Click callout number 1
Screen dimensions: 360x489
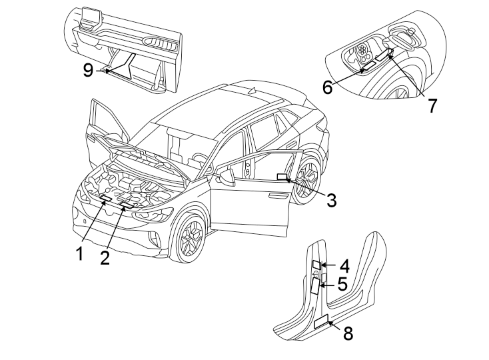click(79, 253)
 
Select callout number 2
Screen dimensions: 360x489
click(105, 258)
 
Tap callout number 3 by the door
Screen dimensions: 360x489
click(331, 199)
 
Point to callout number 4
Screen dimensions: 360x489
click(344, 266)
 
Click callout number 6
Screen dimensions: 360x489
click(328, 87)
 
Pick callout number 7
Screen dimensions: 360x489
click(432, 105)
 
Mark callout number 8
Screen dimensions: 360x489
click(348, 333)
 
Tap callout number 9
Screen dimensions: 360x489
click(88, 70)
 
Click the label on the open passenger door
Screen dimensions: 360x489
click(282, 177)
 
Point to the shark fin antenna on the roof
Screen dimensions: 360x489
click(252, 90)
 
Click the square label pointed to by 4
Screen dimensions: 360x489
click(316, 265)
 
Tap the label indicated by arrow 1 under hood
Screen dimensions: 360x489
click(106, 198)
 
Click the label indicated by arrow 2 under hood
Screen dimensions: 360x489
click(125, 203)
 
